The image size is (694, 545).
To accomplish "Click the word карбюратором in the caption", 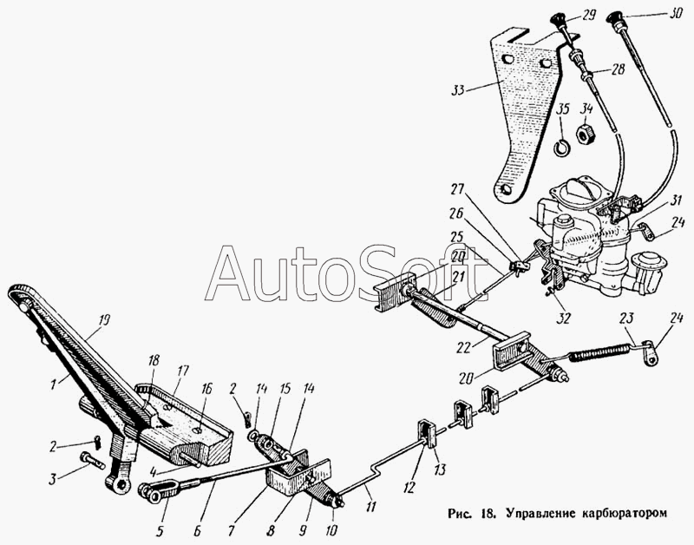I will pos(619,512).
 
